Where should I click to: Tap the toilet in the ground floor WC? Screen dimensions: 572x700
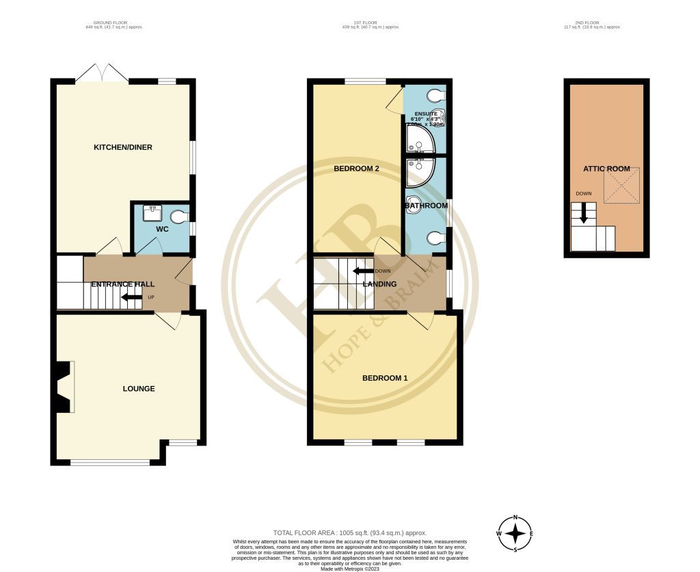178,217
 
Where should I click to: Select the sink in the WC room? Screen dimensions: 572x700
151,213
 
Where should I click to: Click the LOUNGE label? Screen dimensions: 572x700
139,389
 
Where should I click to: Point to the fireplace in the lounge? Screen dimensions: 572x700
64,387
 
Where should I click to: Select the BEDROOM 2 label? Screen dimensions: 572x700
356,168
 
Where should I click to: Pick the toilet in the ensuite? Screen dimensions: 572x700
435,94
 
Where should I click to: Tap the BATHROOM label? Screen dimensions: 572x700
426,206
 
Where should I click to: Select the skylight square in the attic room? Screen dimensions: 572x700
621,185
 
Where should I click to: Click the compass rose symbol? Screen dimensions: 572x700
515,533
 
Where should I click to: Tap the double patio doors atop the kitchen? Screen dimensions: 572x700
101,73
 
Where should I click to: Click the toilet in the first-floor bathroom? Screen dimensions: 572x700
435,238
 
